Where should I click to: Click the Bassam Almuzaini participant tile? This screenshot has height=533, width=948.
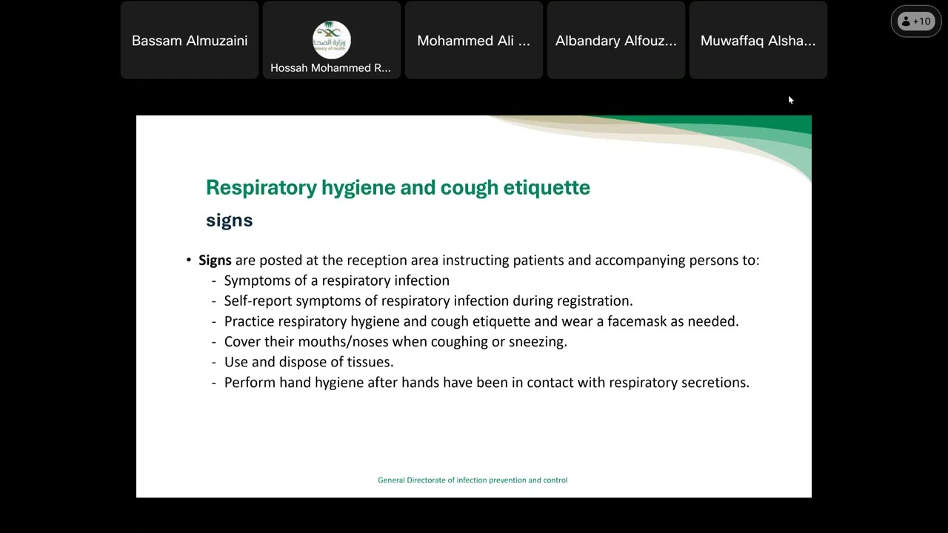coord(190,41)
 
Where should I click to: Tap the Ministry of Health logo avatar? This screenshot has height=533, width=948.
coord(331,39)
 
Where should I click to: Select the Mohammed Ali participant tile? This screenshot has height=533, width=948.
coord(473,41)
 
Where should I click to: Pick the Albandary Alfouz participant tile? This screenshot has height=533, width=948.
coord(615,41)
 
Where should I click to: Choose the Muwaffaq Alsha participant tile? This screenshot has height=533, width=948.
coord(758,41)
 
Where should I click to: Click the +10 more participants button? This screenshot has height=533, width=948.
coord(915,21)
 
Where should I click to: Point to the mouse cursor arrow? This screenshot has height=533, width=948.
coord(790,100)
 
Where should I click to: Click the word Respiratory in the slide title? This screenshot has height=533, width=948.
coord(261,187)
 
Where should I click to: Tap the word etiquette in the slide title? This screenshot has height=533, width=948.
coord(547,187)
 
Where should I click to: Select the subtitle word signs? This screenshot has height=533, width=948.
coord(229,220)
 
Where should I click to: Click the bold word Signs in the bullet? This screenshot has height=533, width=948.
coord(215,261)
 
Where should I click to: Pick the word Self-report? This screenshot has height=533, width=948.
coord(258,301)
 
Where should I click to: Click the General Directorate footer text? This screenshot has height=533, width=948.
coord(473,480)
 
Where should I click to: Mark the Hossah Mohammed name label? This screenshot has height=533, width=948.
coord(330,67)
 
